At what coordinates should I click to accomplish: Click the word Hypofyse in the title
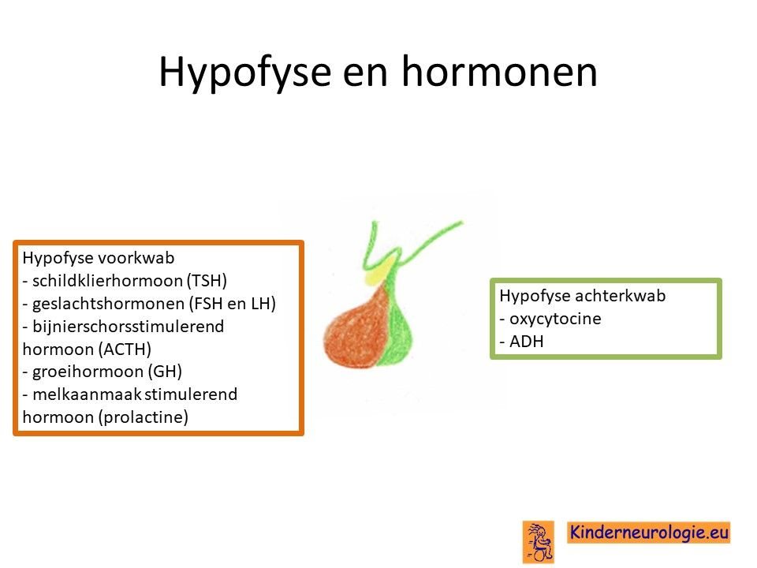(x=244, y=73)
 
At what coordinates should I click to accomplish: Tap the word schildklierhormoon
(x=107, y=281)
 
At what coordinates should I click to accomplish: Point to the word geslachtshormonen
(x=109, y=304)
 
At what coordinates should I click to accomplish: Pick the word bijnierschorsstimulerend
(x=129, y=327)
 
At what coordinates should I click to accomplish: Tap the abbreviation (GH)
(x=165, y=372)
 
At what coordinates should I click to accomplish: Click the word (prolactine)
(x=143, y=417)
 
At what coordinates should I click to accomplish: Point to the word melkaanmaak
(x=87, y=394)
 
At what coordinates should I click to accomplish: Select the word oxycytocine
(x=555, y=319)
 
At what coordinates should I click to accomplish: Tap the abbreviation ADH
(x=527, y=342)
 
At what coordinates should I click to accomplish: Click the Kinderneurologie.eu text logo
(x=649, y=532)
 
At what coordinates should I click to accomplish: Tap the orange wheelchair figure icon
(x=539, y=541)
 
